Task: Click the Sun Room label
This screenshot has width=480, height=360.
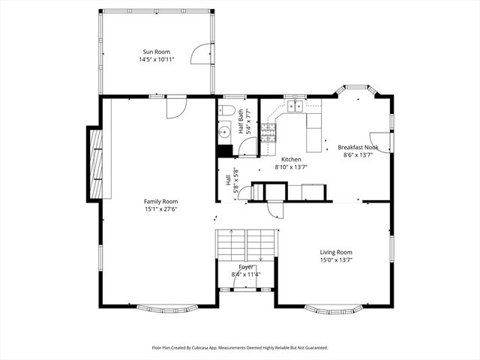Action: pos(157,52)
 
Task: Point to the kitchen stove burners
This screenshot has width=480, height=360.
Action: pos(268,133)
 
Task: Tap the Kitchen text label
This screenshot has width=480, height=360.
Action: pos(291,160)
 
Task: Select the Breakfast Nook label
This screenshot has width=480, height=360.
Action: pos(357,147)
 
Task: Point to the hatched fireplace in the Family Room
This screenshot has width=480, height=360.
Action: pos(94,163)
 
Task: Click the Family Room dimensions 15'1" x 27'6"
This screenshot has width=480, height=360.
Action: pos(160,209)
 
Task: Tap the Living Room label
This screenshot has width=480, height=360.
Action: pos(336,253)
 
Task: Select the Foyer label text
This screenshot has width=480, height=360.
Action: pos(246,267)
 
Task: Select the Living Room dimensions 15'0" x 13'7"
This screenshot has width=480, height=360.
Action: pos(336,260)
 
